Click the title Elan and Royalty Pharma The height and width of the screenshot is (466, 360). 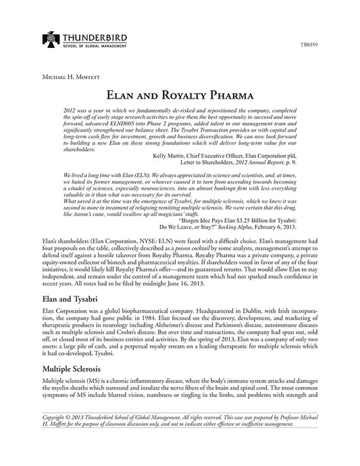180,95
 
